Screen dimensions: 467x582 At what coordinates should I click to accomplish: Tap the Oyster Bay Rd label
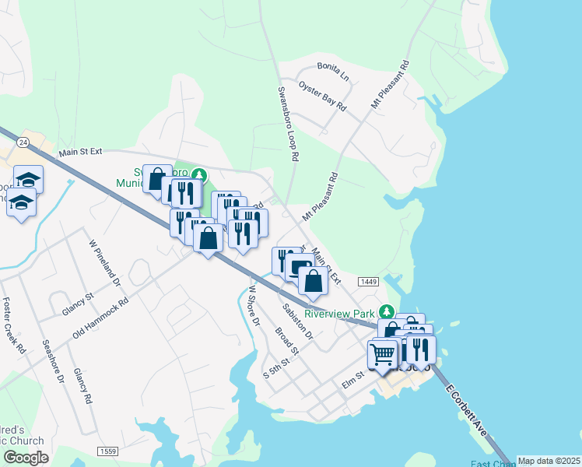[x=322, y=95]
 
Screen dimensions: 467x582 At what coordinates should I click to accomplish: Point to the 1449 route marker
[x=368, y=280]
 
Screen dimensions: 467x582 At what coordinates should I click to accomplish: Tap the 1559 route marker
[x=108, y=451]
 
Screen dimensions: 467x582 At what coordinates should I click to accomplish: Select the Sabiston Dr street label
[x=297, y=321]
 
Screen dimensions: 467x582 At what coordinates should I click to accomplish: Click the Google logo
[x=26, y=458]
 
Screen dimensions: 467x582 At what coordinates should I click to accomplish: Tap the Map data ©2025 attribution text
[x=549, y=461]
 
